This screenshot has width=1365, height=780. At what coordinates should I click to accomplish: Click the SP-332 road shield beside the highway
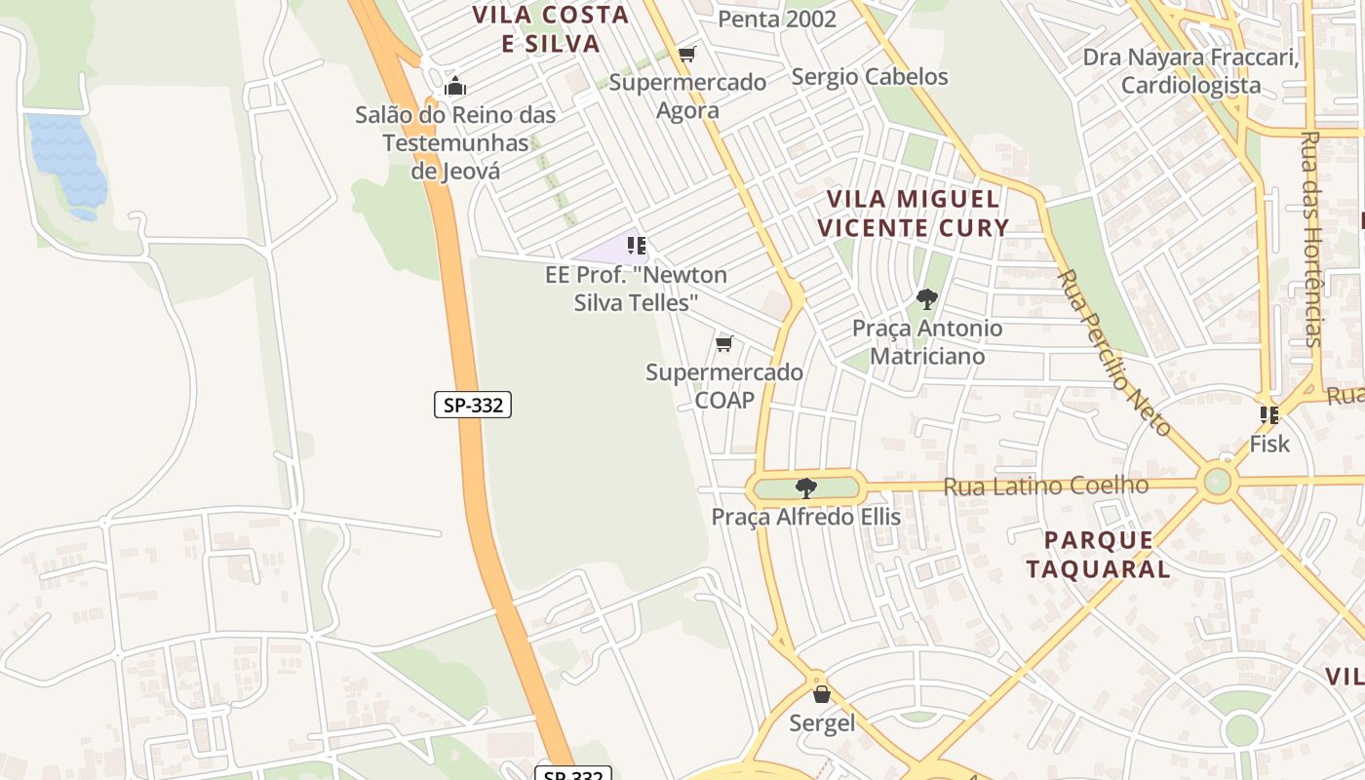[473, 405]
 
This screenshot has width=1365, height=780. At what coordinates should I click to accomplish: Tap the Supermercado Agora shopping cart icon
[687, 55]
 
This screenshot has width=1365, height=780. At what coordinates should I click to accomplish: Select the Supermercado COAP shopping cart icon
[723, 343]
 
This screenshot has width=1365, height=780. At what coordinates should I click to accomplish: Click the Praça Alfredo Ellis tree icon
[805, 487]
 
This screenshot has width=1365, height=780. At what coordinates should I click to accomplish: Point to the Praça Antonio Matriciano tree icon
[926, 299]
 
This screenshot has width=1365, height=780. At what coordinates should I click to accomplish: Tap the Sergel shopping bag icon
[821, 693]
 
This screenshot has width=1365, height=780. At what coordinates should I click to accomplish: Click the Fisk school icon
[1268, 415]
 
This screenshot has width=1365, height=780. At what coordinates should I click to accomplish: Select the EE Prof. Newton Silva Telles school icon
[637, 245]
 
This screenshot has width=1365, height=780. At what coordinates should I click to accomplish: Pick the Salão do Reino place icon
[454, 87]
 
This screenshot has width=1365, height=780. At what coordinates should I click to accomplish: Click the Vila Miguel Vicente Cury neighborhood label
[913, 214]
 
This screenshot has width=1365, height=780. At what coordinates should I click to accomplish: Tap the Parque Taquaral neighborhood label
[1098, 554]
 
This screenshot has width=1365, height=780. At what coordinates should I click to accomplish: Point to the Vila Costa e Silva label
[551, 29]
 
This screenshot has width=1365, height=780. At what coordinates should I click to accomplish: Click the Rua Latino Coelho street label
[1046, 486]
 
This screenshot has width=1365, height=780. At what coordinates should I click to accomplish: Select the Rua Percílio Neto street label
[1113, 351]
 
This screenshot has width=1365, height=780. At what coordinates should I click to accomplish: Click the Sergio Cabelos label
[870, 76]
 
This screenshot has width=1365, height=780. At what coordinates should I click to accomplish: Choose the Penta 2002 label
[777, 19]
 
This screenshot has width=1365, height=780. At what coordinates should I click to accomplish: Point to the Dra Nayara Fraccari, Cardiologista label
[1190, 71]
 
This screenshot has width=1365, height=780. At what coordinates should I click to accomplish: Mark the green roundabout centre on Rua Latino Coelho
[1217, 481]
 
